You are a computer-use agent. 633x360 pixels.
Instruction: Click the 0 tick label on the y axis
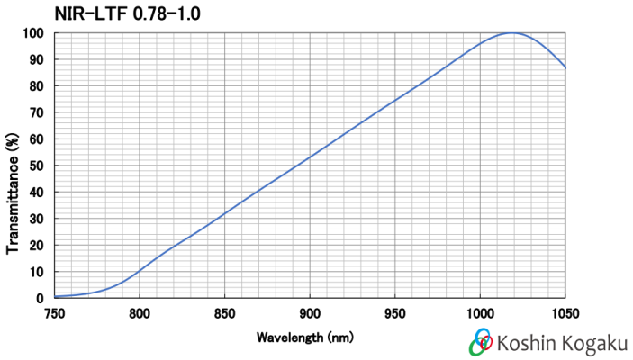[x=41, y=298]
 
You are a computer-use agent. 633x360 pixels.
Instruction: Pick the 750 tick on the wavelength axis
[x=54, y=313]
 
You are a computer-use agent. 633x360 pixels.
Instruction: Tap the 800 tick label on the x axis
[x=139, y=313]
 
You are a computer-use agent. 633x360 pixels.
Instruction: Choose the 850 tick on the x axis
[x=224, y=313]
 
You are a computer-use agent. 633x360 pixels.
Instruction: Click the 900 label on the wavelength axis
[x=310, y=313]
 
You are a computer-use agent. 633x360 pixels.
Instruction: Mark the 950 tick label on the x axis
[x=394, y=313]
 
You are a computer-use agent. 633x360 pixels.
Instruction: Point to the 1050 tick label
[x=565, y=313]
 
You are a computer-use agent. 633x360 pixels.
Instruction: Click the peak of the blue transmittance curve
[x=512, y=33]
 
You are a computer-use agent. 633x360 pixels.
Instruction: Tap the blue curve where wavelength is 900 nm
[x=310, y=157]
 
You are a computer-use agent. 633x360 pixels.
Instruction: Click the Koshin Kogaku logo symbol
[x=481, y=343]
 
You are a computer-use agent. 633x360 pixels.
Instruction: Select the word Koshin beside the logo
[x=527, y=343]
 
